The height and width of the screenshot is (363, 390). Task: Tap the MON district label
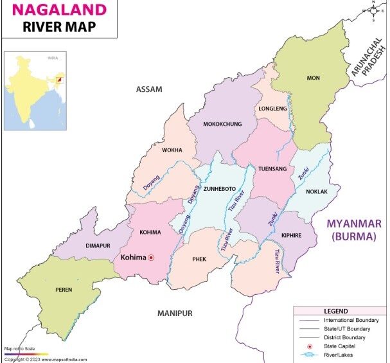point(313,78)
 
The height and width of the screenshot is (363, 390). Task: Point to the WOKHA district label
point(172,150)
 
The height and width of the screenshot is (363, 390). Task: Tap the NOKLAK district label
point(314,191)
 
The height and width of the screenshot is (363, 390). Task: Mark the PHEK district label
point(199,259)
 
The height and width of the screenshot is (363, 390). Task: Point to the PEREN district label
point(63,289)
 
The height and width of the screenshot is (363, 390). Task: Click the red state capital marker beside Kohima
point(152,258)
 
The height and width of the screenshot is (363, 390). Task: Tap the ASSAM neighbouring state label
point(149,89)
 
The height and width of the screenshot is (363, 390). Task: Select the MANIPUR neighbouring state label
point(175,313)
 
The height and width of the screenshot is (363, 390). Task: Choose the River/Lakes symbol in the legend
point(308,355)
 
